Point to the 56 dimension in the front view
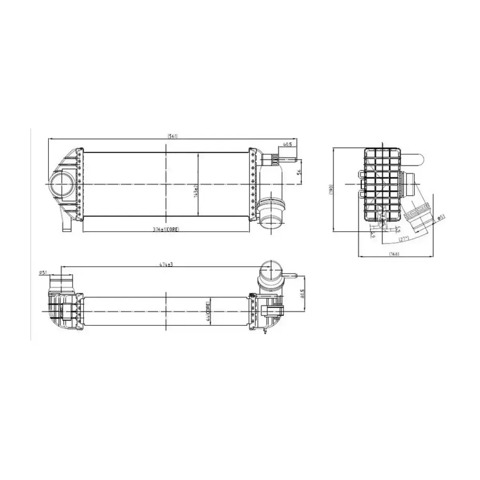click(298, 172)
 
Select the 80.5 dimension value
click(302, 294)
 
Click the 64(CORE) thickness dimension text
click(208, 312)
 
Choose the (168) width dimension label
click(394, 254)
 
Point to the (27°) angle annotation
click(404, 239)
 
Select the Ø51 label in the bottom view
click(43, 272)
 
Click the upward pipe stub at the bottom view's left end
click(61, 284)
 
